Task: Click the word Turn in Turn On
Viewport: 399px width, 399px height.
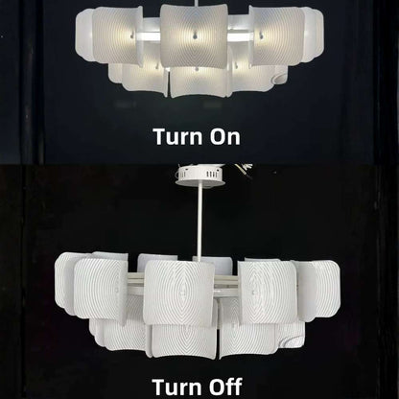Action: click(x=178, y=136)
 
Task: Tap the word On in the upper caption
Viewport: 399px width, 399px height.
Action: click(x=225, y=136)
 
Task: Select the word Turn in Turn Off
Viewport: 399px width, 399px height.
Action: click(x=176, y=387)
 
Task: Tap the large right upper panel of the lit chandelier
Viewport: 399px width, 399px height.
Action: click(x=278, y=36)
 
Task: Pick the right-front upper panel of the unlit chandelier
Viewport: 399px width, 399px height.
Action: click(x=267, y=291)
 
